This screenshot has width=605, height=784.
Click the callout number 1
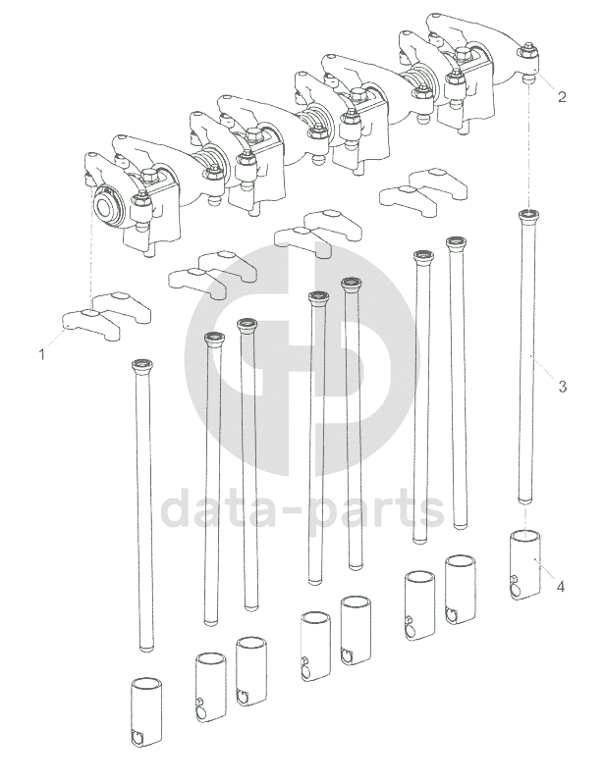click(x=42, y=354)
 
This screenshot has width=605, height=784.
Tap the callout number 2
click(x=562, y=96)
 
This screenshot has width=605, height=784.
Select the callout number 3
click(x=563, y=387)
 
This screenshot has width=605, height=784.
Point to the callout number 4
click(x=561, y=587)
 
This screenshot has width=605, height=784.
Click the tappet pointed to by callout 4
click(x=524, y=564)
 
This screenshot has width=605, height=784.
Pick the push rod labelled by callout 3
click(x=526, y=356)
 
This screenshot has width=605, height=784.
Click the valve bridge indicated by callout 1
click(x=90, y=324)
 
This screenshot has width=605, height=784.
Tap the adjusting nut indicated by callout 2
click(x=528, y=50)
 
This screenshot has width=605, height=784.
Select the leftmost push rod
click(x=143, y=505)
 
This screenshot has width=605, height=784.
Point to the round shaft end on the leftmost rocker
click(x=109, y=206)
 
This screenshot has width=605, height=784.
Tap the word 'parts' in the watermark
click(x=376, y=511)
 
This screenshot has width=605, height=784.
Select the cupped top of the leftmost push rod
click(x=142, y=365)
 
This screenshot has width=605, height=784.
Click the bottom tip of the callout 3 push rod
click(x=524, y=500)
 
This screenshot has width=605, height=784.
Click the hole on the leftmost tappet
click(x=137, y=738)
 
